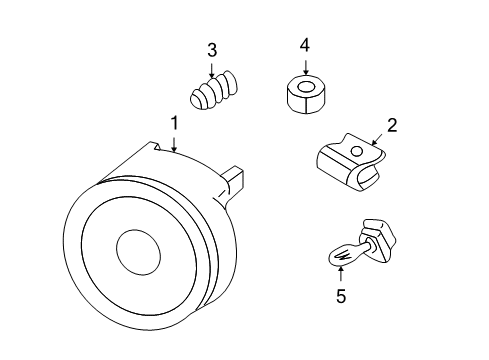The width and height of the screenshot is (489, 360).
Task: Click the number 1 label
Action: click(174, 123)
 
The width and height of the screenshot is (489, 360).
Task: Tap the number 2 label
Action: click(392, 125)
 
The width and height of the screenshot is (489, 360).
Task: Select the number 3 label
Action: click(211, 50)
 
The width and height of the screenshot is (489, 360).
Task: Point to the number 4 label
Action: click(305, 44)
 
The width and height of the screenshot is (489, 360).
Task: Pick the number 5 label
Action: click(340, 296)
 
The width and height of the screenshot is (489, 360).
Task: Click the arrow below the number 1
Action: click(174, 143)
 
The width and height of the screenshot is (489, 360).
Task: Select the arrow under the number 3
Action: click(211, 70)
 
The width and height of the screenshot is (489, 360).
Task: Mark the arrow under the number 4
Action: click(305, 64)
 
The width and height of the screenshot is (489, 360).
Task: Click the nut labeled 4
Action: click(303, 93)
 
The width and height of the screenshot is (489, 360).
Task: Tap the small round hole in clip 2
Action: click(354, 151)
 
